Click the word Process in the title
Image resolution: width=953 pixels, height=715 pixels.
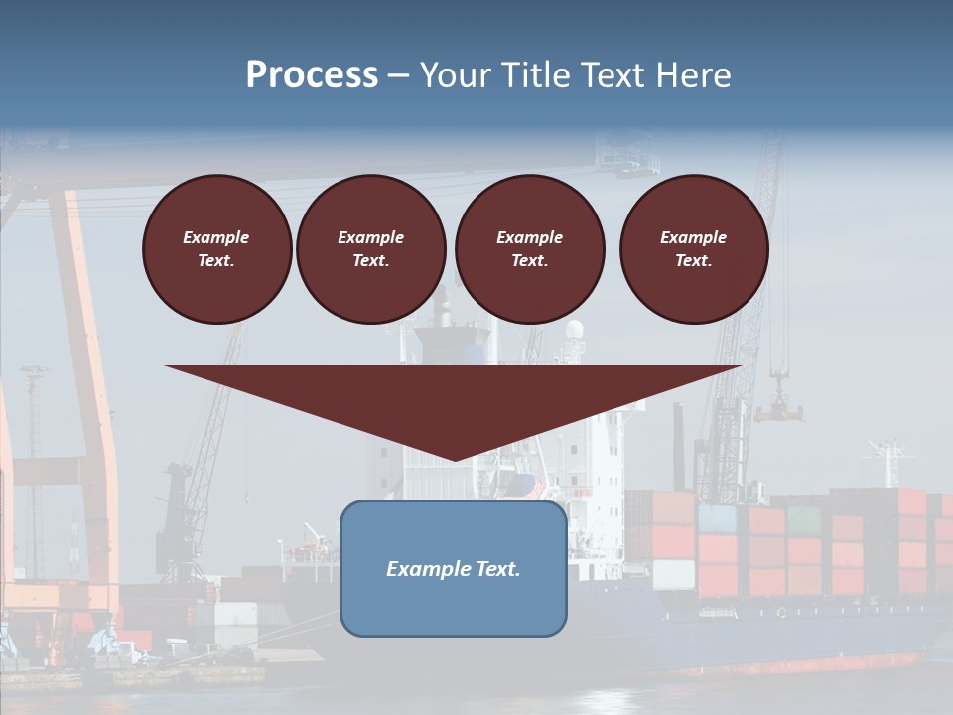312,75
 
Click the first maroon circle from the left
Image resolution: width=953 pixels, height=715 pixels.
216,248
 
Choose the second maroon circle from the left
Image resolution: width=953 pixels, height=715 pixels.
371,248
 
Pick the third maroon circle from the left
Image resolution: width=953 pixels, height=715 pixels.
529,248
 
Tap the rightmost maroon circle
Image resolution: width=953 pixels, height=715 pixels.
694,248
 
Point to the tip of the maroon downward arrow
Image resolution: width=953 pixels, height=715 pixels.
455,459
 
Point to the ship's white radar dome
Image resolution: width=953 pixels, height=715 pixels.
575,330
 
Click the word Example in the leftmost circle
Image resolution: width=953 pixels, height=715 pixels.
216,237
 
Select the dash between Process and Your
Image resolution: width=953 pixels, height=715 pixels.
398,75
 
